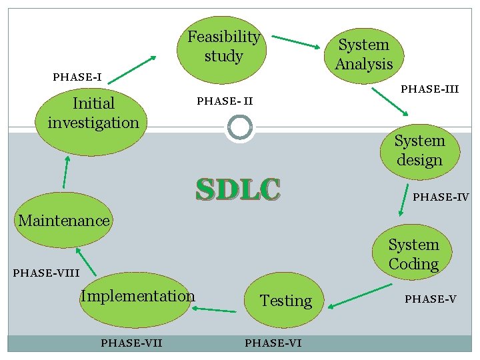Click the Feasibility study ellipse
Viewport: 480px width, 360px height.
click(223, 47)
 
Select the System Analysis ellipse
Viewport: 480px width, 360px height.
click(363, 55)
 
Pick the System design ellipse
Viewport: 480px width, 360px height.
click(419, 151)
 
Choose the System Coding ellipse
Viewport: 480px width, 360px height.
click(413, 255)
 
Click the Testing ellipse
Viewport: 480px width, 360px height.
click(285, 301)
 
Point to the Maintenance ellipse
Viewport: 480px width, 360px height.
click(64, 221)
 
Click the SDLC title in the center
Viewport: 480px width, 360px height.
click(238, 189)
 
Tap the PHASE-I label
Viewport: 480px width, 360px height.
click(77, 77)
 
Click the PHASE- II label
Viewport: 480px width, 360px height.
click(225, 101)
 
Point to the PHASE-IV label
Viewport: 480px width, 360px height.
click(441, 197)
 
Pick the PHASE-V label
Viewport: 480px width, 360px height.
click(430, 299)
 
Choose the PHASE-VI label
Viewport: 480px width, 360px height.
click(273, 343)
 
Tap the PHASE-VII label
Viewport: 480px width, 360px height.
click(131, 343)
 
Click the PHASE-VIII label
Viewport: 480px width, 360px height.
click(46, 273)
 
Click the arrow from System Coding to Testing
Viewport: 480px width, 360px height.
click(360, 296)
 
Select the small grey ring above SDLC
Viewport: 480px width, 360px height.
click(239, 127)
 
